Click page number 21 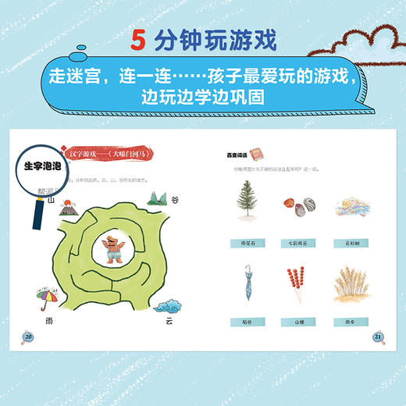click(x=378, y=336)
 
